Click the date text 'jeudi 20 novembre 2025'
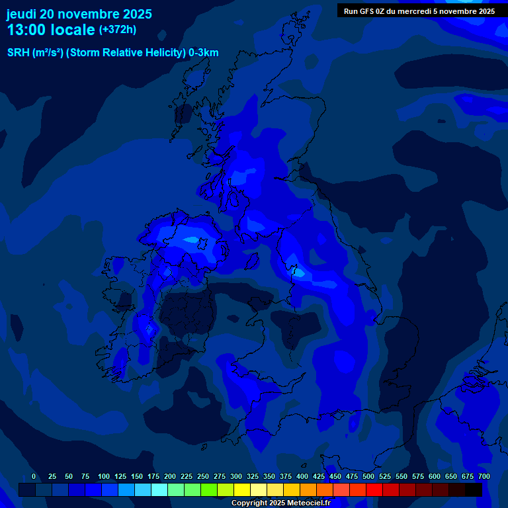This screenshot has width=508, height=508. pos(79,14)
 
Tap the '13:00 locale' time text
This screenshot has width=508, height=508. pos(51,30)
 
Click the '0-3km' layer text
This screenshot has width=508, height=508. pos(204,53)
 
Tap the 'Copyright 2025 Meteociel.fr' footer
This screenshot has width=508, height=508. pos(280,503)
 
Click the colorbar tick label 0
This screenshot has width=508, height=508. pos(34,476)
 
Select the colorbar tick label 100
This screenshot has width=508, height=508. pos(104,476)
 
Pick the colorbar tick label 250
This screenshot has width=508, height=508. pos(203,476)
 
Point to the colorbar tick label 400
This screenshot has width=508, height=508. pos(302,476)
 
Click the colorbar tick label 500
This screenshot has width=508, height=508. pos(368,476)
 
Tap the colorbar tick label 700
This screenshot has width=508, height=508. pos(484,476)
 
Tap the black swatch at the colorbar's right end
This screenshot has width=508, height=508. pos(474,489)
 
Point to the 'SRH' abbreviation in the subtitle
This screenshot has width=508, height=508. pos(18,53)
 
